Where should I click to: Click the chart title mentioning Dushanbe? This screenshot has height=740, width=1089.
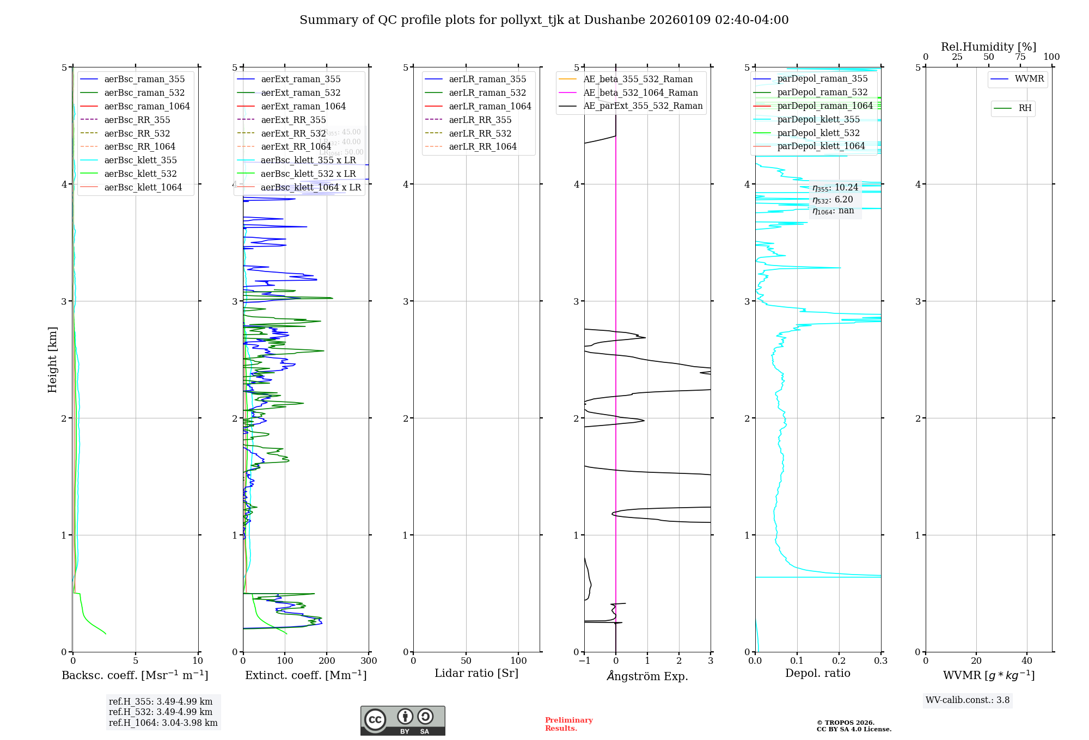tap(544, 20)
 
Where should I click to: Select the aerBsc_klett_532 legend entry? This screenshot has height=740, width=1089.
tap(140, 174)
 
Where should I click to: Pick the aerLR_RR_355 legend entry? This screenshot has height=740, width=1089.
tap(480, 120)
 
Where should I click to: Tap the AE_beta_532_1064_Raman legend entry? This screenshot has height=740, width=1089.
tap(640, 92)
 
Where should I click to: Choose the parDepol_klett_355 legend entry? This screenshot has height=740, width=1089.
tap(818, 119)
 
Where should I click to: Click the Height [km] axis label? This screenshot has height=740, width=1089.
tap(52, 359)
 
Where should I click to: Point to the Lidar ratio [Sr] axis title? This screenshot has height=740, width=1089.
tap(476, 673)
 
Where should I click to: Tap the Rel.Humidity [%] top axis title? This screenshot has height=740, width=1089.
tap(988, 47)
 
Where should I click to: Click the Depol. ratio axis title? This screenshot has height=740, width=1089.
tap(817, 673)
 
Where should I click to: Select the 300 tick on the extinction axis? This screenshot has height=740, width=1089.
tap(369, 661)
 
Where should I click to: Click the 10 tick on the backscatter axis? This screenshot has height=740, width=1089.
tap(198, 661)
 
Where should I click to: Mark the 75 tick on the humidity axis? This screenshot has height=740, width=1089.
tap(1020, 57)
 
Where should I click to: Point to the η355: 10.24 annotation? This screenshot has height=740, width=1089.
tap(835, 188)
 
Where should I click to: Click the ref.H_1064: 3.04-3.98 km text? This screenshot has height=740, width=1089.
tap(163, 723)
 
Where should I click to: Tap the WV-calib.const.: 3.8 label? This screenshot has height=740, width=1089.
tap(968, 700)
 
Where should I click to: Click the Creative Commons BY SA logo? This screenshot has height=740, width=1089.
tap(402, 720)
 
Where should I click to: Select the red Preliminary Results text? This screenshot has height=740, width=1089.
tap(568, 724)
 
